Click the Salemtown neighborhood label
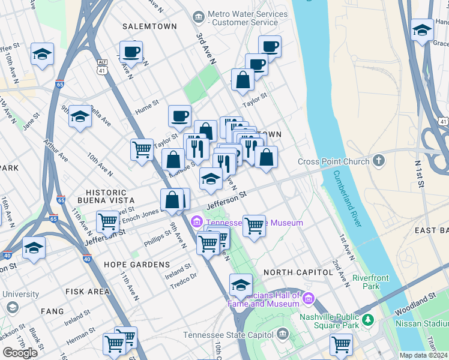(x=149, y=26)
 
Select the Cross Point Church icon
(x=378, y=161)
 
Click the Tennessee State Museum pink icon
(x=196, y=223)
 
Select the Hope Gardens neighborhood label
(x=137, y=265)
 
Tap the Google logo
(x=20, y=352)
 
